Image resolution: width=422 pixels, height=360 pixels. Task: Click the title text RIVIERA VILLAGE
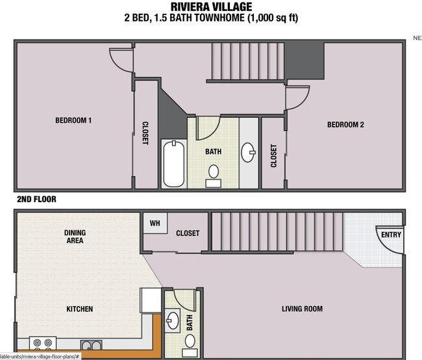click(211, 7)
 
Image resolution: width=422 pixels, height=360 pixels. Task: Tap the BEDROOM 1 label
click(73, 120)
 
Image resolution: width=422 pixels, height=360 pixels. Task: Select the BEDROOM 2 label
click(345, 125)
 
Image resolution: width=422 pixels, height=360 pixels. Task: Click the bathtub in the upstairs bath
click(173, 163)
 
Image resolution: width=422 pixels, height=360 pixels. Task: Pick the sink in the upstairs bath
click(249, 153)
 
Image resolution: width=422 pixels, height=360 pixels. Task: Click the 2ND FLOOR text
click(37, 199)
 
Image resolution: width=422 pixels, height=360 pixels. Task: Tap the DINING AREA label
click(75, 237)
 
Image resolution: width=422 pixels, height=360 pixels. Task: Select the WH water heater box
click(155, 224)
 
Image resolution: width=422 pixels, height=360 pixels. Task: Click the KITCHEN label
click(79, 309)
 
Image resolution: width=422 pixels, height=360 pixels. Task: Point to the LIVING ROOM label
click(302, 309)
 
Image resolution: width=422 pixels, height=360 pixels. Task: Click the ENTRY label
click(391, 235)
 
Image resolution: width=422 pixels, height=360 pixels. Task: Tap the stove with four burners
click(43, 343)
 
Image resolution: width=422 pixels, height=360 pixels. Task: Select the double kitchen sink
click(91, 345)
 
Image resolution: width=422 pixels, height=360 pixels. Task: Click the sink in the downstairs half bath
click(173, 320)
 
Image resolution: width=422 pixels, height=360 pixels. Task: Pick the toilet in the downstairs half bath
click(190, 341)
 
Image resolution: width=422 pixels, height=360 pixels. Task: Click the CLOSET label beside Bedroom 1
click(145, 133)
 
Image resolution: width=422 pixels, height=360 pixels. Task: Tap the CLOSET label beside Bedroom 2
click(273, 155)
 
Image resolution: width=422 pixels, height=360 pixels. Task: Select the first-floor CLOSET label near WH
click(188, 233)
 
